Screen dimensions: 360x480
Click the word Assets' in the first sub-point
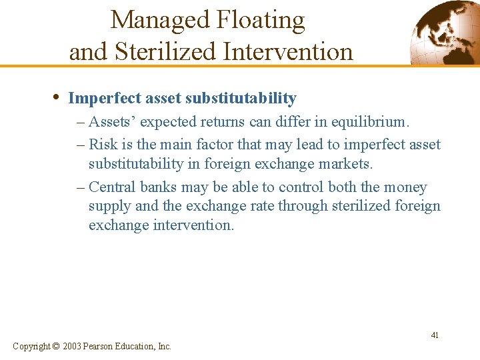[x=113, y=122]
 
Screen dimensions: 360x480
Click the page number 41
[x=434, y=335]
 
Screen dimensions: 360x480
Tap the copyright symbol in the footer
[x=55, y=346]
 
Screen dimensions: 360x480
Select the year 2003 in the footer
[x=73, y=346]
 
